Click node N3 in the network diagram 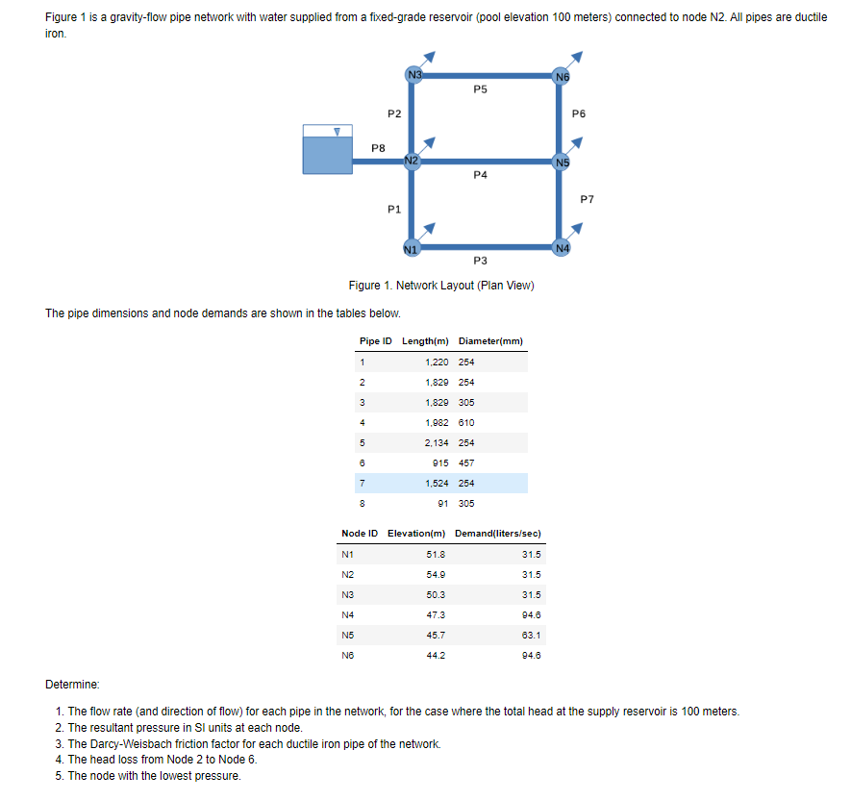click(x=413, y=75)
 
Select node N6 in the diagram click(x=562, y=75)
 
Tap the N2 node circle click(x=412, y=160)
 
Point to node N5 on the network click(x=562, y=161)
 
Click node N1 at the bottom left click(x=411, y=247)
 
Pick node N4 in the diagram click(x=562, y=247)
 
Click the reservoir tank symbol click(x=326, y=151)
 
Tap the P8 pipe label click(x=379, y=148)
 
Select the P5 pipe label click(x=481, y=89)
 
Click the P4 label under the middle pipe click(x=481, y=175)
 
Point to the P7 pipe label click(x=588, y=199)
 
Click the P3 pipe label click(x=481, y=261)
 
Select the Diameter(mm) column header click(x=490, y=341)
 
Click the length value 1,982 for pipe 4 click(x=438, y=422)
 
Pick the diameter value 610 click(x=467, y=422)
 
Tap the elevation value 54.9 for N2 click(x=434, y=574)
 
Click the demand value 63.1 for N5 click(x=531, y=635)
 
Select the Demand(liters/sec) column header click(x=497, y=534)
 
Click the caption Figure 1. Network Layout click(x=441, y=286)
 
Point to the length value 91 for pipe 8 click(x=444, y=503)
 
